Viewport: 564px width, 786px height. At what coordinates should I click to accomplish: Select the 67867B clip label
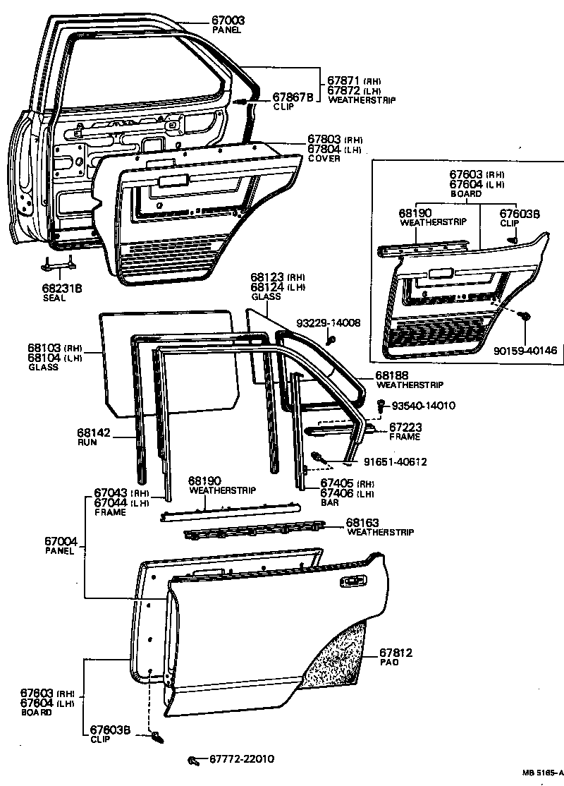(293, 97)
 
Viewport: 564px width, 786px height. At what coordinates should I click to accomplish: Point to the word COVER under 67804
(324, 159)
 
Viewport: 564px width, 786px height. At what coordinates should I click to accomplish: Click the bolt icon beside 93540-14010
(381, 406)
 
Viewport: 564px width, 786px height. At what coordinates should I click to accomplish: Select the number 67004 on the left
(61, 541)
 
